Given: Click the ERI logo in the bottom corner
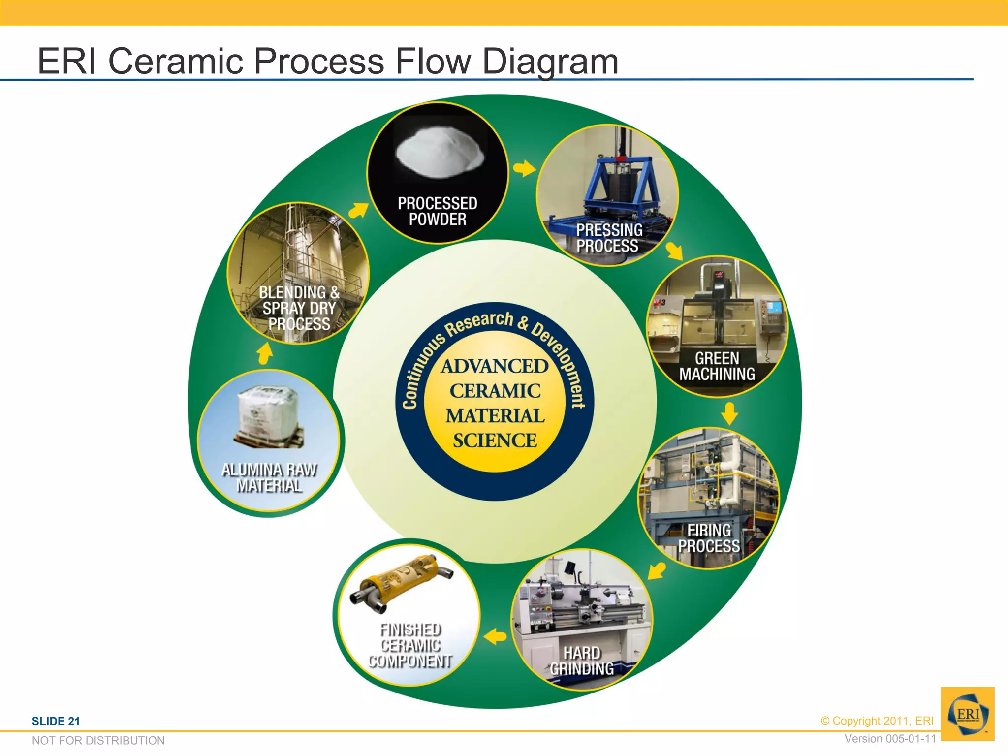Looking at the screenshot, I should pos(968,714).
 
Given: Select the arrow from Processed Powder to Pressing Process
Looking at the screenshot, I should pos(524,169).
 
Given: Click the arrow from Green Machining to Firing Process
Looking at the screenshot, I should pos(729,413).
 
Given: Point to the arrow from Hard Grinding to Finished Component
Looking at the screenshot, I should pos(495,636).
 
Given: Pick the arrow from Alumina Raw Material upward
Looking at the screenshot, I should pos(265,354).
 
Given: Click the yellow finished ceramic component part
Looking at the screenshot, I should pos(402,581).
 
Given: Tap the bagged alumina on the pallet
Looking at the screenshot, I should pos(268,416).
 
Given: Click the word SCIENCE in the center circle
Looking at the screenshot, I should pos(495,441).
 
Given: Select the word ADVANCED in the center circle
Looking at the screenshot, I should pos(495,366).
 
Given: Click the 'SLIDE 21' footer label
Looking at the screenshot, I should pos(56,721).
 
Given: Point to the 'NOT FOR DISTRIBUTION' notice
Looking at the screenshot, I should pos(98,741).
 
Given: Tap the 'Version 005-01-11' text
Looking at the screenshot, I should pos(890,739).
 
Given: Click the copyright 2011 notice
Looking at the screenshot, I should pos(877,721).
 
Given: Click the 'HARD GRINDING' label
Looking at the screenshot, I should pos(582,661).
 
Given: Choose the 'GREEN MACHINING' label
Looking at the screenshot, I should pos(717,366).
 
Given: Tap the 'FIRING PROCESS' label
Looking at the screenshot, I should pos(709,538).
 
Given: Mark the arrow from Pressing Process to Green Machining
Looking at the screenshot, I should pos(675,251).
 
